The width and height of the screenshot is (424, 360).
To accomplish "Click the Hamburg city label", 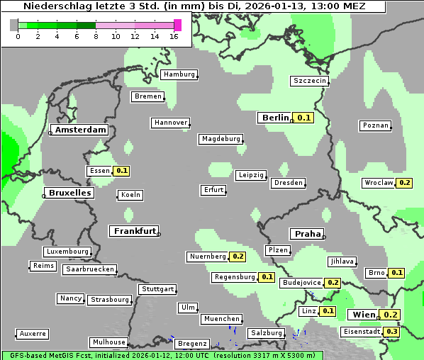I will (x=179, y=74).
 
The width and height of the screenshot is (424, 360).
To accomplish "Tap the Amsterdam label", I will (x=81, y=130).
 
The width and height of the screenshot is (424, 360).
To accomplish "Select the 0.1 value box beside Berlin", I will (x=304, y=118).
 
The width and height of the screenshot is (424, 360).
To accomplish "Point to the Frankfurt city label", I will (x=133, y=231).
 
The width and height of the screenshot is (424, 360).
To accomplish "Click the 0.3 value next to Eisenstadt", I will (x=391, y=331).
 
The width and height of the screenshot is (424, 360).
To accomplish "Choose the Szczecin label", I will (x=309, y=81).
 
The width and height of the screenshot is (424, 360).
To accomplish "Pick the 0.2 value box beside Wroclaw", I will (x=404, y=183).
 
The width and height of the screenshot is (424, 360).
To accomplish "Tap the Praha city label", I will (x=306, y=234).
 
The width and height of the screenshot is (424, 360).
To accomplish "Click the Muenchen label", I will (x=221, y=320).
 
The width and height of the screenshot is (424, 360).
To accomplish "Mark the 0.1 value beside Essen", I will (x=121, y=171).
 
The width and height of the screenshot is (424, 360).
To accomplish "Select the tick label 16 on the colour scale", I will (x=174, y=36).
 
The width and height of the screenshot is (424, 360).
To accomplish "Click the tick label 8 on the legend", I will (x=96, y=36).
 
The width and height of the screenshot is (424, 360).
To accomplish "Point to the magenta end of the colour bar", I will (x=177, y=25).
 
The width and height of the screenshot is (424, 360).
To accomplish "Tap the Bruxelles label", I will (x=69, y=193).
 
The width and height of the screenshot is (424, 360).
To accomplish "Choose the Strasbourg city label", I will (x=110, y=300).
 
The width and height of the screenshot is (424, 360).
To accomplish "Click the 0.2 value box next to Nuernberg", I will (x=238, y=257).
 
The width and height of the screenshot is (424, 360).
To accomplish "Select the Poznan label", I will (x=375, y=125).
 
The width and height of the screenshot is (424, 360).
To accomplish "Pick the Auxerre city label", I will (x=33, y=333).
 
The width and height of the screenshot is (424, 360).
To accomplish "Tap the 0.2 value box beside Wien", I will (x=390, y=315).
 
